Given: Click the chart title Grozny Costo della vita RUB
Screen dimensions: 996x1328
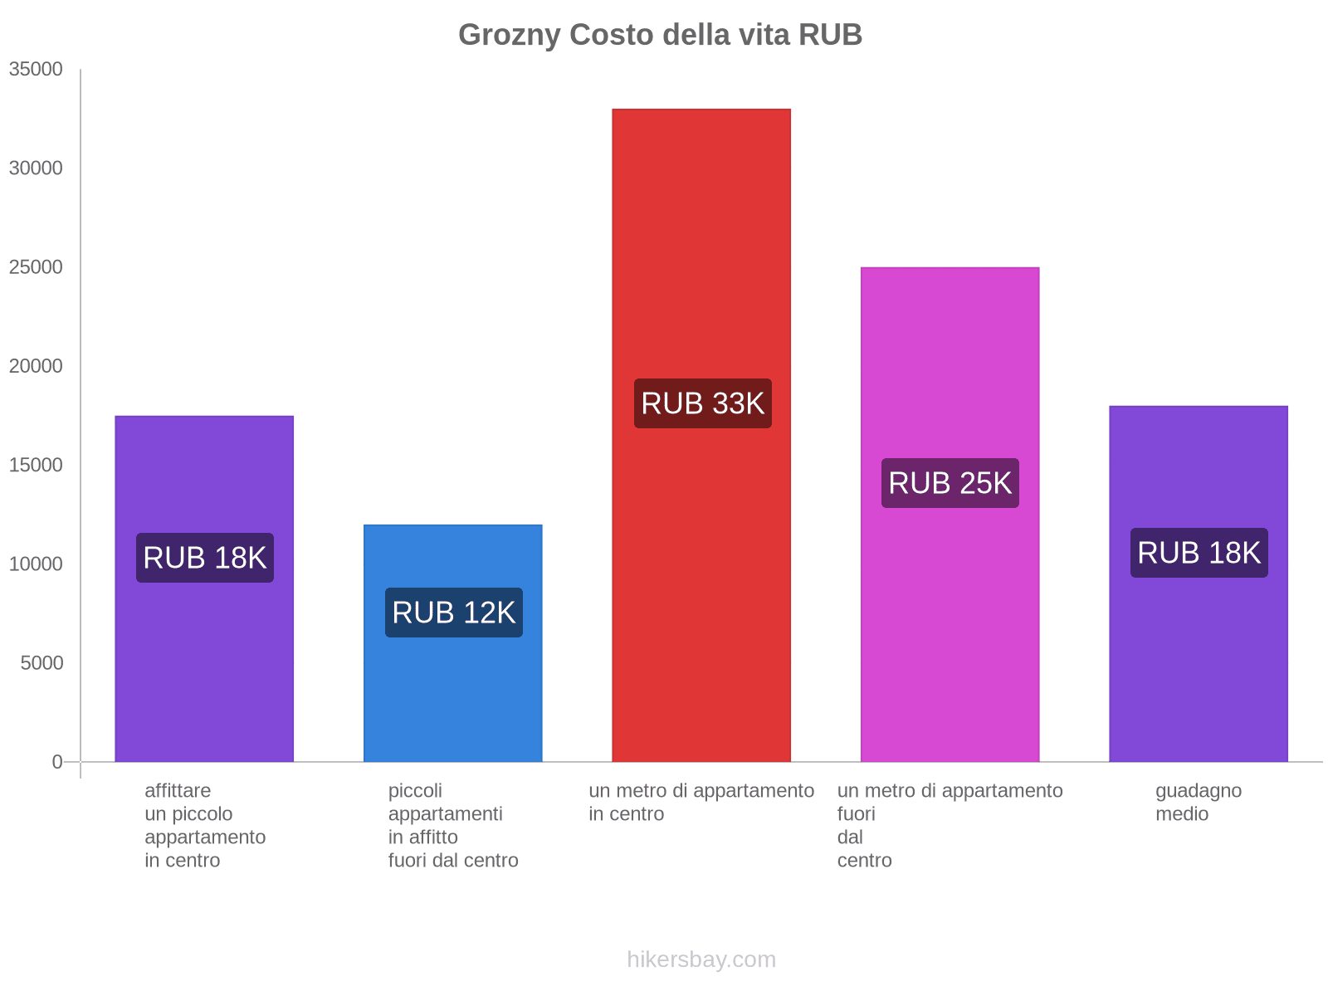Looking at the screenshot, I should coord(660,35).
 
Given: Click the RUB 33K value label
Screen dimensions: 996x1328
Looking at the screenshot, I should coord(702,403).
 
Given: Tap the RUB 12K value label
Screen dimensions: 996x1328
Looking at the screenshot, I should coord(453,613).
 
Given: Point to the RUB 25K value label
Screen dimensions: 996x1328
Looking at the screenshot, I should coord(950,483).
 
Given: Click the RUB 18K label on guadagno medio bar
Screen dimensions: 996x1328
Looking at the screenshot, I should coord(1199,553).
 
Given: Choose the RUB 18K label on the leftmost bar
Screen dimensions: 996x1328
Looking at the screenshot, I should coord(204,558).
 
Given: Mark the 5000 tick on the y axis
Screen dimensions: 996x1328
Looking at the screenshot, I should coord(41,663).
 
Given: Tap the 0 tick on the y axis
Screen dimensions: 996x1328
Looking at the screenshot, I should coord(57,762).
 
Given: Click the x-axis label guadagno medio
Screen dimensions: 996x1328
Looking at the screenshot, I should coord(1198,802).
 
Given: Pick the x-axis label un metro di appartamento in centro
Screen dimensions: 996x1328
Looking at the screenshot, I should coord(701,802).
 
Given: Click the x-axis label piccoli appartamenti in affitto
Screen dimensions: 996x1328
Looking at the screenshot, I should coord(452,825).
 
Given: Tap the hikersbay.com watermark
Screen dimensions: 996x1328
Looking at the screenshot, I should coord(701,959).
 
